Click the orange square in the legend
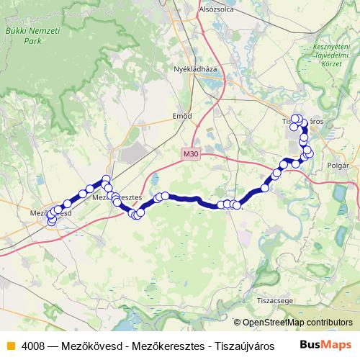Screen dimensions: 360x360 9,344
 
